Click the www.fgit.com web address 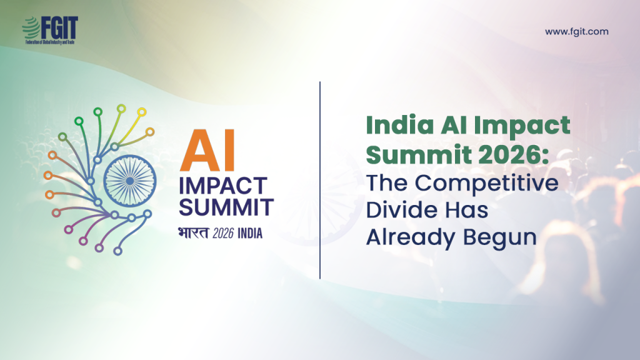click(x=576, y=31)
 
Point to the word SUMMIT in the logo click(x=226, y=208)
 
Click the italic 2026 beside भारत click(x=222, y=234)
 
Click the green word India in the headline click(x=393, y=126)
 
